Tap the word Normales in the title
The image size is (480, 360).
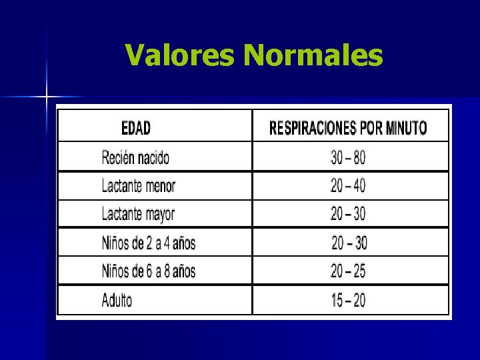(x=313, y=55)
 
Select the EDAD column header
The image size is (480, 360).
(x=136, y=127)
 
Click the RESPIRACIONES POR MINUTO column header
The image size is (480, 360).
(x=348, y=127)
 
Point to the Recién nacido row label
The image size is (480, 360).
(x=135, y=158)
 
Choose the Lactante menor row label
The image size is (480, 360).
(x=138, y=186)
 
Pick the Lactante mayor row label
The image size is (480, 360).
(x=138, y=215)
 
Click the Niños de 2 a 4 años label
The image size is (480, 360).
(x=149, y=243)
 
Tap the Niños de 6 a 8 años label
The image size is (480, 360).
(x=149, y=271)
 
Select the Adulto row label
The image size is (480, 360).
(x=117, y=300)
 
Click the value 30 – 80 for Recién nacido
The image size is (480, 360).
(x=348, y=158)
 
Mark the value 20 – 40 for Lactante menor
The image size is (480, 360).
(x=348, y=186)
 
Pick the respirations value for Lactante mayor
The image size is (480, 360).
(x=348, y=215)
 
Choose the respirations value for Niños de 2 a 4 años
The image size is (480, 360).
(x=349, y=243)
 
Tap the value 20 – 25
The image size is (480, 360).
(x=348, y=271)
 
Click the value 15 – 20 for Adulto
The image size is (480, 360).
(x=348, y=300)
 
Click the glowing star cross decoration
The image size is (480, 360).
(x=47, y=97)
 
